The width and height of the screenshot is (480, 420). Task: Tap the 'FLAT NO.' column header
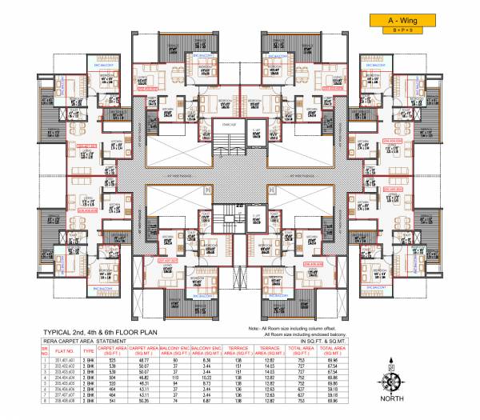(64, 350)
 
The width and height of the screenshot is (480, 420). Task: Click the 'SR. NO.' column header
(46, 350)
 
